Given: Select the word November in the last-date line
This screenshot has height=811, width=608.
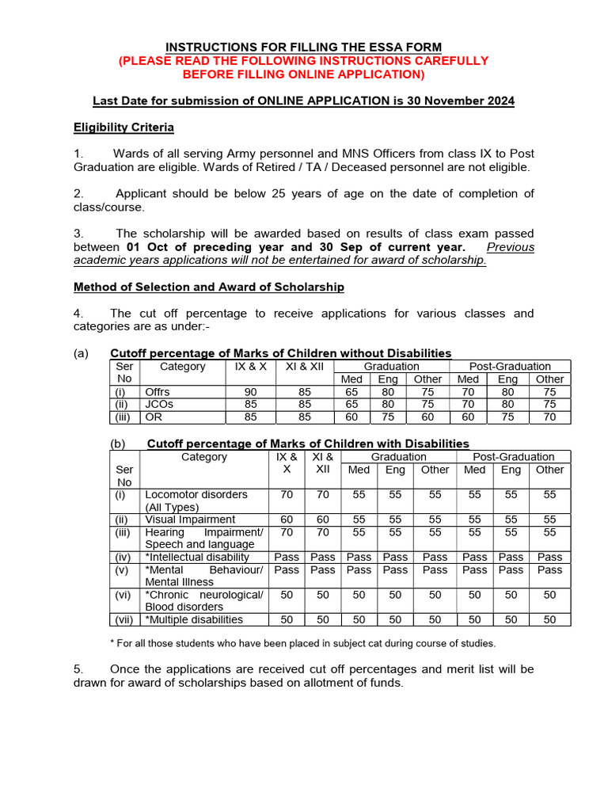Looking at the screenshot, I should pos(448,101).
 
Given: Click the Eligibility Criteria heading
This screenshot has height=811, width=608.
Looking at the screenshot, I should pos(123,128).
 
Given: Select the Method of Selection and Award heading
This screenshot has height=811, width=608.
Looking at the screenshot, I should pos(208,287).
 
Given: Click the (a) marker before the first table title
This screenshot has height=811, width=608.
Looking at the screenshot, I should pos(82,353).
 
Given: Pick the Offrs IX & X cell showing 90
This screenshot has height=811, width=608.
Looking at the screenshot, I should pos(251,391).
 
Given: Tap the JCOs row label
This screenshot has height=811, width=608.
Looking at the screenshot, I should pos(159,404).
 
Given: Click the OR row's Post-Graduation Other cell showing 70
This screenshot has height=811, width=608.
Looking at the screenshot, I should pos(549,417).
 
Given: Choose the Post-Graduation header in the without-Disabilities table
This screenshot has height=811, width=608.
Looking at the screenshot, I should pos(510,366).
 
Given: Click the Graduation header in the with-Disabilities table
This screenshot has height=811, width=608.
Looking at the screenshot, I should pos(399,457).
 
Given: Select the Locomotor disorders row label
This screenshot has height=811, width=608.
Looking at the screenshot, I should pos(196,494).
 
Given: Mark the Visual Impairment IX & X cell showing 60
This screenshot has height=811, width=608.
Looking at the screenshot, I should pos(287,520).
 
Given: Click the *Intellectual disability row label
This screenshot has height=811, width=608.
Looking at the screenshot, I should pos(196,557).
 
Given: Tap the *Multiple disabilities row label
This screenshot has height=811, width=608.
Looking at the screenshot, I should pos(194,619).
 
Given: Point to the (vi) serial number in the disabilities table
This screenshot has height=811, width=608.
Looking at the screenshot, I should pos(122,594).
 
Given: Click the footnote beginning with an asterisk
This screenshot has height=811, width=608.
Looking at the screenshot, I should pos(302,643).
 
